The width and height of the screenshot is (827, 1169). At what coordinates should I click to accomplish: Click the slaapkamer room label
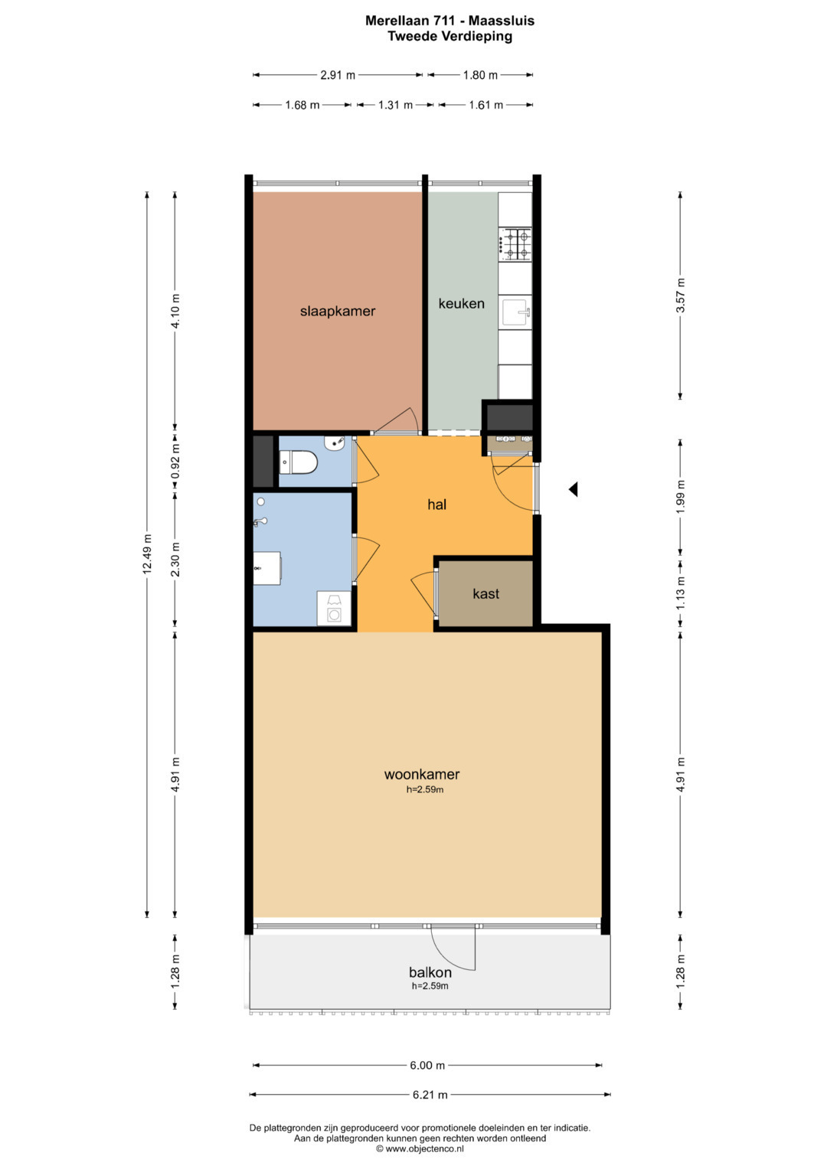pos(337,311)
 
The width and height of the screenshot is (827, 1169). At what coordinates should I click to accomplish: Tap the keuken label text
pos(461,303)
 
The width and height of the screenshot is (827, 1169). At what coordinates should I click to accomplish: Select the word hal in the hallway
pos(437,504)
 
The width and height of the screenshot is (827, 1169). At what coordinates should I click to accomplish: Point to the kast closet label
pos(485,593)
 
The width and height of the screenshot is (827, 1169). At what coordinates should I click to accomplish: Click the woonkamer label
pos(422,774)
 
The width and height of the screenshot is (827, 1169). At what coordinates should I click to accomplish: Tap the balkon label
pos(430,972)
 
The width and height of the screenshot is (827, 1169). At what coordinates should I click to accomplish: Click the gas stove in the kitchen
pos(515,244)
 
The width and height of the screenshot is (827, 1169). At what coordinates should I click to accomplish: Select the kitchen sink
pos(515,311)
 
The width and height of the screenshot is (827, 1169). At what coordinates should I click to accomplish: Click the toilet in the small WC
pos(298,462)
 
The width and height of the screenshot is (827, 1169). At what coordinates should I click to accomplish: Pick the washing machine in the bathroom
pos(334,608)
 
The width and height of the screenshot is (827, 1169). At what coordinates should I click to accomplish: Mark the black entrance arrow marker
pos(574,489)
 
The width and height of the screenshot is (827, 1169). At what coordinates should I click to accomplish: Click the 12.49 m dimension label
pos(147,554)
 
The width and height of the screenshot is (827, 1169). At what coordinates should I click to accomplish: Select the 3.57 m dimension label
pos(680,296)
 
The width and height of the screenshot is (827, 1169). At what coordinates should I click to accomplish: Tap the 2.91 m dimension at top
pos(338,75)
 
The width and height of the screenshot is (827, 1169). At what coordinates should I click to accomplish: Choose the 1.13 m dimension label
pos(680,593)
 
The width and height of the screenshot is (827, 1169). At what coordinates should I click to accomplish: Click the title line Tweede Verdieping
pos(450,37)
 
